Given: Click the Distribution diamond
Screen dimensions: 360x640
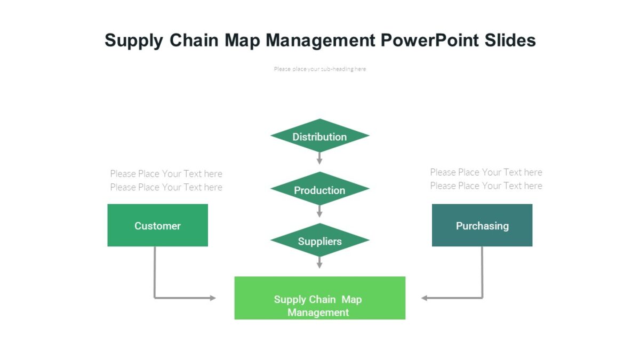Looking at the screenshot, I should pos(319,137).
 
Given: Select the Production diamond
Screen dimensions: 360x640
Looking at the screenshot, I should pos(319,190).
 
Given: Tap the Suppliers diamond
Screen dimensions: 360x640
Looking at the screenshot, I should pos(319,241).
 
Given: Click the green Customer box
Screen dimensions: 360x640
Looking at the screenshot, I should pos(157,226).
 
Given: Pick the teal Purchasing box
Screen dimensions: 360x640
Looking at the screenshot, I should pos(482,226).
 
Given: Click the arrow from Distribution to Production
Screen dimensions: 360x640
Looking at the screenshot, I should pos(319,158).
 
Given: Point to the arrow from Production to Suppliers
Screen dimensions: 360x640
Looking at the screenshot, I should pos(319,211).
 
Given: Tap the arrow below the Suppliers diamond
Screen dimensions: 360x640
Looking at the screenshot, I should pos(319,262).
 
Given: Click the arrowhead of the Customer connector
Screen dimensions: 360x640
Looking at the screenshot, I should pos(212,298).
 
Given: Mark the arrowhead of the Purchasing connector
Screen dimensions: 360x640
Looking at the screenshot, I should pos(425,298).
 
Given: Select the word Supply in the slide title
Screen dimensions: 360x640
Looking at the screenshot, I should pos(133,41).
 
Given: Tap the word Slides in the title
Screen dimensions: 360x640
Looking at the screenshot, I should pos(510,41).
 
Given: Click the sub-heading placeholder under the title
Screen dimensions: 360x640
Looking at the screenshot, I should pos(319,69).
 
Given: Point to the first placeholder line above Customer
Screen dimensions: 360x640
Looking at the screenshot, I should pos(166,173).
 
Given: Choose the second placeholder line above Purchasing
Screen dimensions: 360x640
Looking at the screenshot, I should pos(486,186).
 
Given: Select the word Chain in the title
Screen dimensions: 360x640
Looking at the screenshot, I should pos(194,41).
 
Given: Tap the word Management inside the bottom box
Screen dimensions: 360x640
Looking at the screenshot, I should pos(318,313).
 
